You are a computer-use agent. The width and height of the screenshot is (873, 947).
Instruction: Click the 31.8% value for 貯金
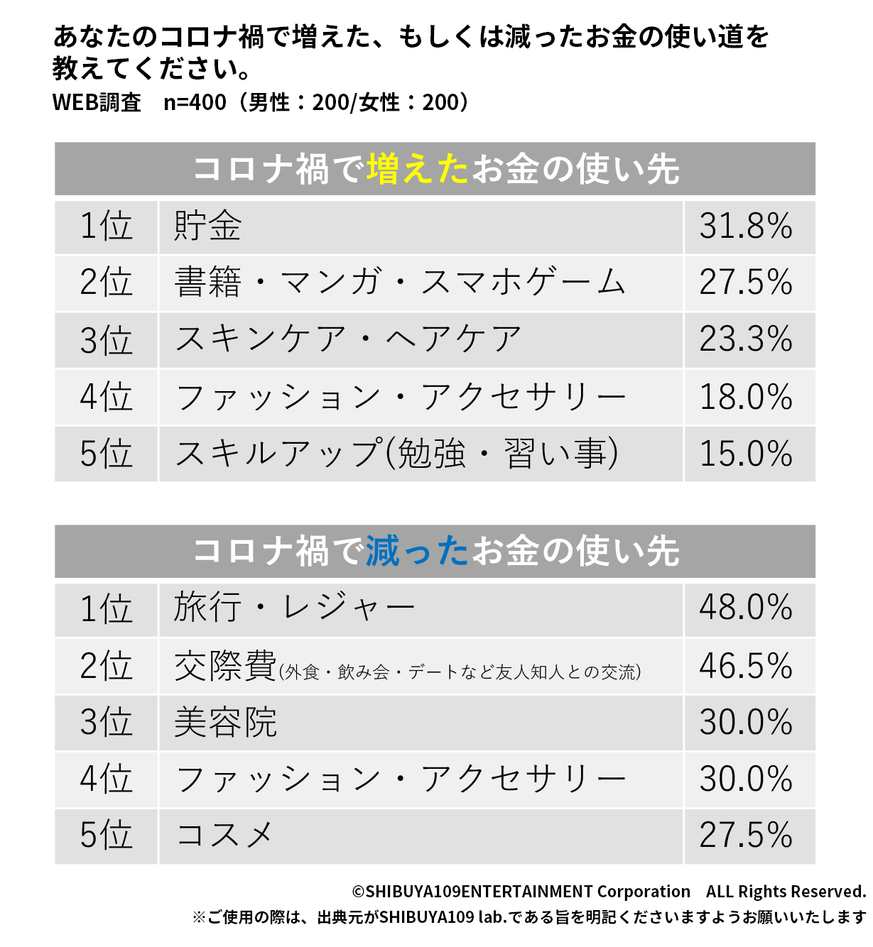pos(746,226)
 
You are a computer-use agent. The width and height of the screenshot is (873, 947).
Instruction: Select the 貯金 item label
pos(207,226)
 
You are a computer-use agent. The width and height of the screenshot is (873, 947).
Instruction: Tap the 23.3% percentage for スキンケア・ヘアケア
pos(746,339)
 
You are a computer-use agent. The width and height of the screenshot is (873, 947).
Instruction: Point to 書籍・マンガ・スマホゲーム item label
pos(400,283)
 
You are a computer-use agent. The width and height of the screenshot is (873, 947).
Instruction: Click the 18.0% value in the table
pos(746,397)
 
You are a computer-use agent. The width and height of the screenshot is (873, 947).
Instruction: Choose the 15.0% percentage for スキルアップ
pos(746,454)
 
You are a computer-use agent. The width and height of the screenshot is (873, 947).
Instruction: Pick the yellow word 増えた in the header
pos(418,170)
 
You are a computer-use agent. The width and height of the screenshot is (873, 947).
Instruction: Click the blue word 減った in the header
pos(418,552)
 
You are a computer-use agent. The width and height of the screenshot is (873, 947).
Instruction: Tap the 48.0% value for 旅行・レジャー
pos(746,608)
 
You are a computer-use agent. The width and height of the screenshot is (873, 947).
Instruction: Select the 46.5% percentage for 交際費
pos(746,666)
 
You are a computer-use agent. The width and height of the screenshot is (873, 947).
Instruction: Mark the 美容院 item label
pos(225,723)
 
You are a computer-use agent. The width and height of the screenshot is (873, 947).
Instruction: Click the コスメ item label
pos(224,835)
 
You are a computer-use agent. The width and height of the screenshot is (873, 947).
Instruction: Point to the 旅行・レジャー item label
pos(294,608)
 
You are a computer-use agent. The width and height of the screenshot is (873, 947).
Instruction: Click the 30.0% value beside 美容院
pos(746,723)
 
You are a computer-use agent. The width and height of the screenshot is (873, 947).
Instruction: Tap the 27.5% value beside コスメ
pos(746,835)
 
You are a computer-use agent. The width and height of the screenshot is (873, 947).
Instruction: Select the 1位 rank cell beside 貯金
pos(106,226)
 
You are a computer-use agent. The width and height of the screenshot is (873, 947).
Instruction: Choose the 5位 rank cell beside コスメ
pos(106,835)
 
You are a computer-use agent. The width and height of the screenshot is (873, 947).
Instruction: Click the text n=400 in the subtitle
pos(195,103)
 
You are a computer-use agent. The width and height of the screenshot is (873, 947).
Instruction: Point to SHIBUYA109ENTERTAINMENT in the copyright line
pos(479,892)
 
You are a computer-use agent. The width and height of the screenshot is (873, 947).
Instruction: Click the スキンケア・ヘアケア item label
pos(348,339)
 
